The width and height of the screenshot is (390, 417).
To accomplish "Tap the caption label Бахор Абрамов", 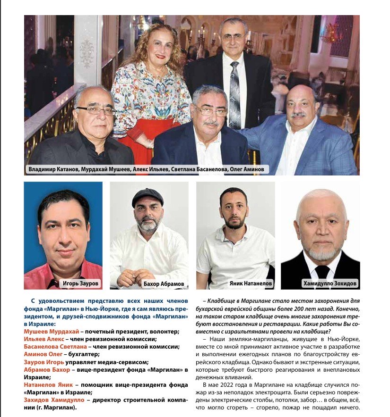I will pos(164,284).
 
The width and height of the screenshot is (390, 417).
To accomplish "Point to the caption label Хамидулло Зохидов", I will pos(330,284).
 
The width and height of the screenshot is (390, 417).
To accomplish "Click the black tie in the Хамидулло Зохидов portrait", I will pos(322,271).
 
